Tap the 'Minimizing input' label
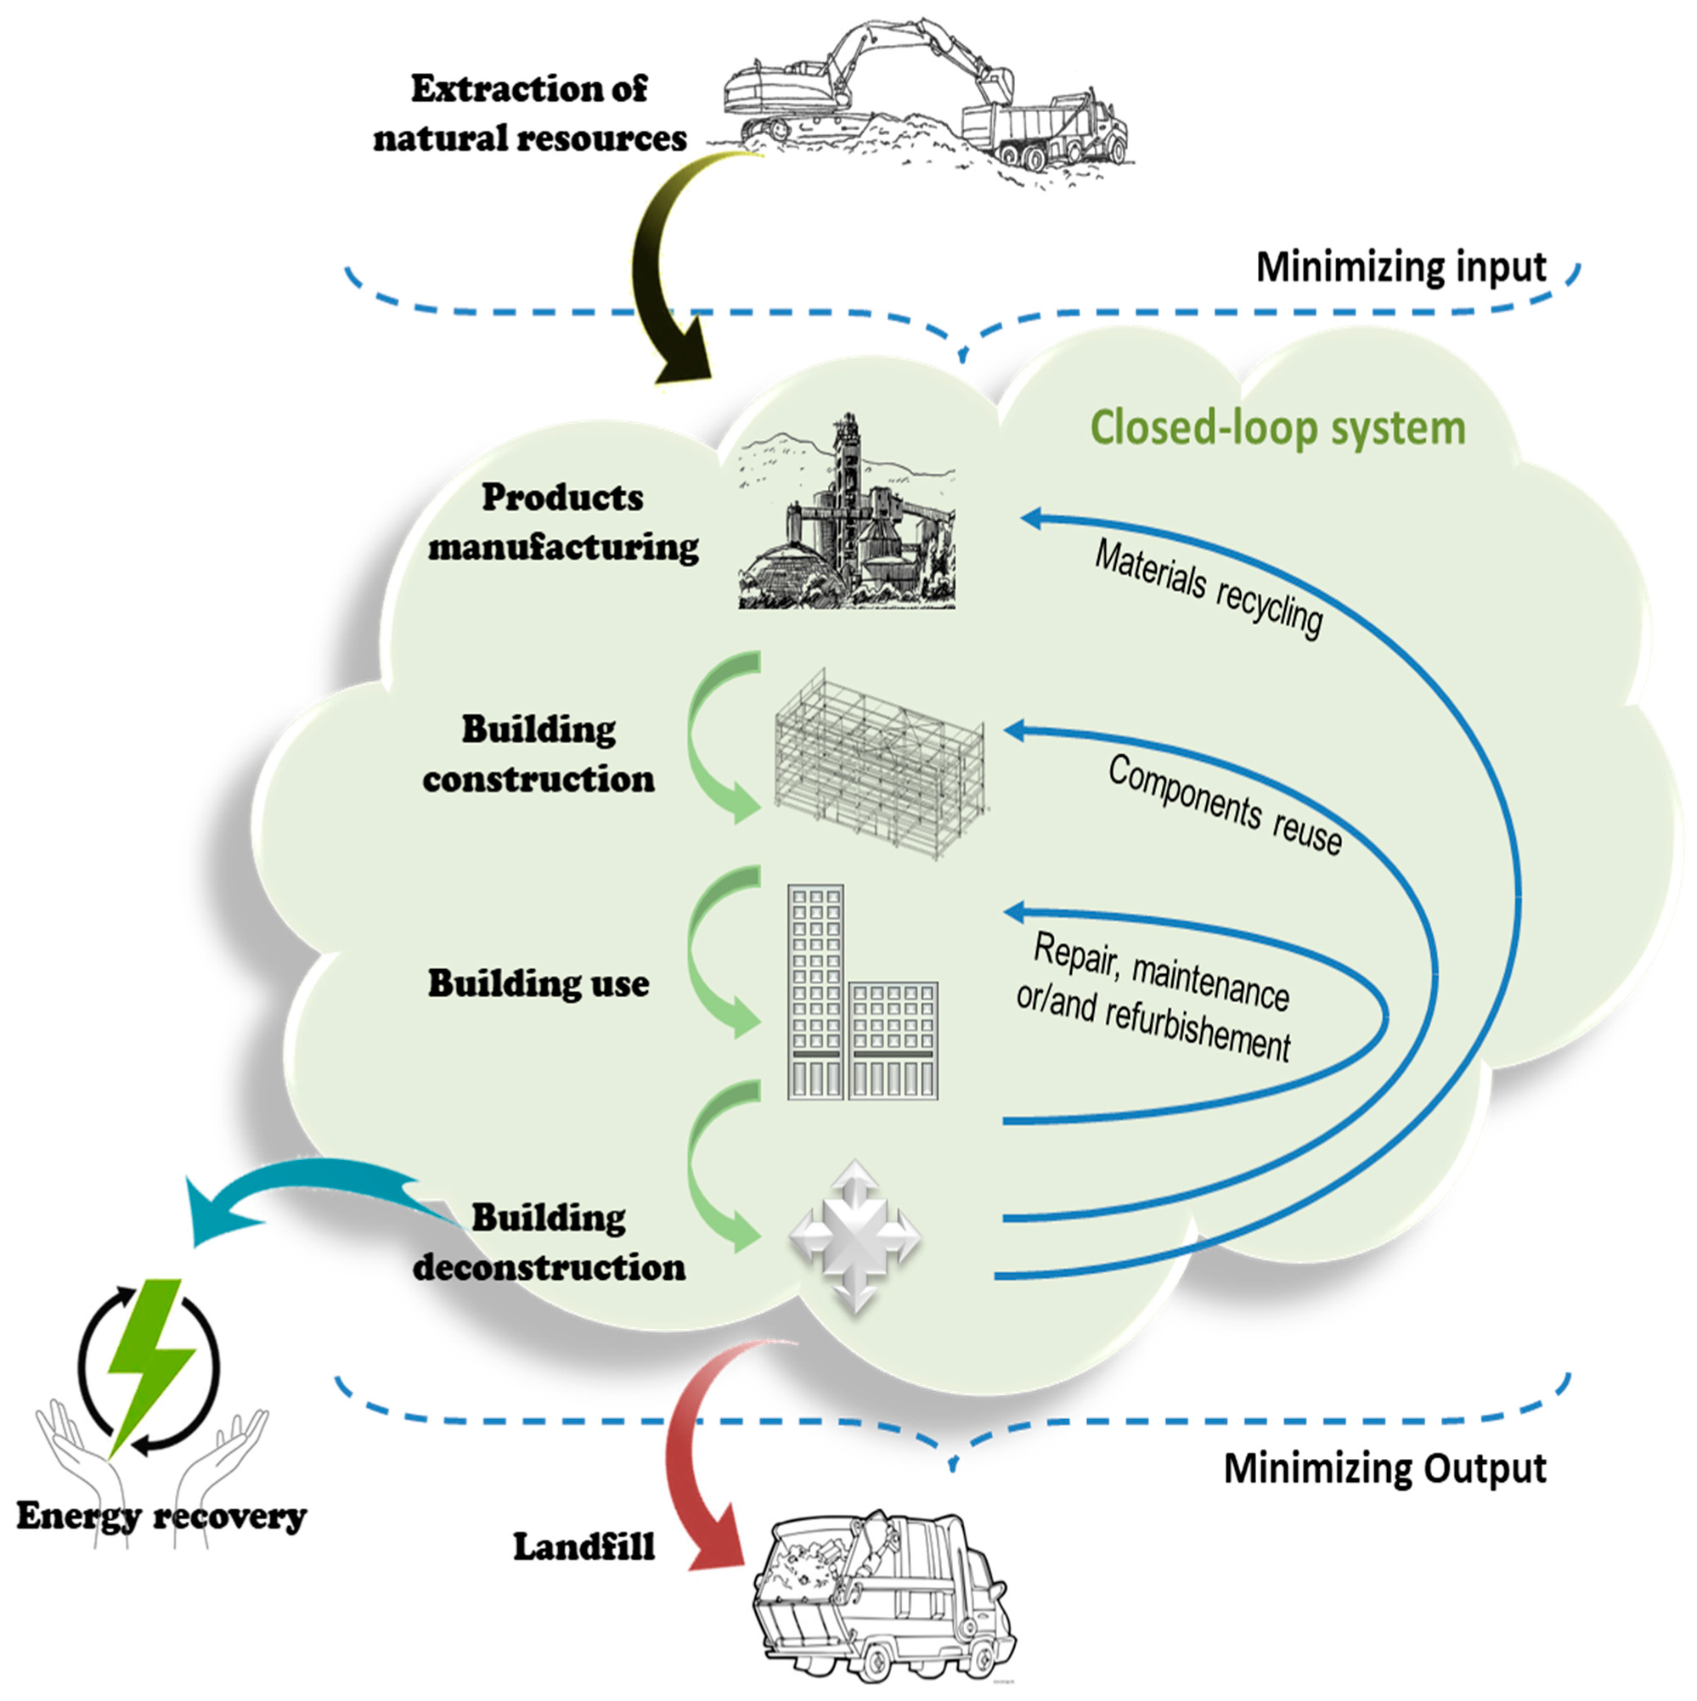(1401, 268)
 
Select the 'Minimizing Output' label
(1385, 1468)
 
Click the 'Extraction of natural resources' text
(529, 114)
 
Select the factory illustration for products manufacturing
(846, 511)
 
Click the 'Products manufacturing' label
(564, 522)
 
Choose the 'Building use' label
(539, 983)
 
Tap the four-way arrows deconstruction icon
(855, 1237)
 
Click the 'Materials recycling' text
(1209, 589)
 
